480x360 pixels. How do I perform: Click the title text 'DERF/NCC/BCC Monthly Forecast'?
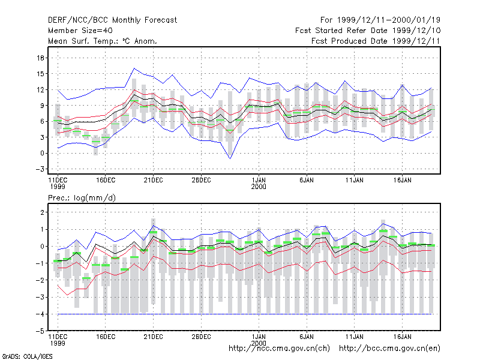[112, 20]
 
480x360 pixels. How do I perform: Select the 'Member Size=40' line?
[80, 31]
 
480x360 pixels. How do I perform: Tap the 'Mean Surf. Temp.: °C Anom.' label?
[103, 41]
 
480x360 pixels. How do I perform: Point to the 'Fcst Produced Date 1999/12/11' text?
[376, 41]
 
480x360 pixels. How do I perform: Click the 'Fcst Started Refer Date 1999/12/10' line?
[368, 31]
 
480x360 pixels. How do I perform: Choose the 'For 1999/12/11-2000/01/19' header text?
[380, 20]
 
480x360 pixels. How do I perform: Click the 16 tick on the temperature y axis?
[41, 58]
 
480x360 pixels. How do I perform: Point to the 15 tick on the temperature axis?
[41, 74]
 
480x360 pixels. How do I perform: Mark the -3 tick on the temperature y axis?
[40, 169]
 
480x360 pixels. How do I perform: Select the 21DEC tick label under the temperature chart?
[154, 181]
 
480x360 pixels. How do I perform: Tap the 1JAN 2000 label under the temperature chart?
[259, 184]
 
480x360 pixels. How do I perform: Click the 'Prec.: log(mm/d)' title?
[82, 198]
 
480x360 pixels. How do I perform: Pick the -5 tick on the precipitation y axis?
[40, 331]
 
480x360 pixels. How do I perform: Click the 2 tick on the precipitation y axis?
[42, 212]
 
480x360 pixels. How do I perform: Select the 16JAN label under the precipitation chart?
[402, 337]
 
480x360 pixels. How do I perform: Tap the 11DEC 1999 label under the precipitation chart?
[58, 340]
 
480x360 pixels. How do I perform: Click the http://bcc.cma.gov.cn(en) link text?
[389, 349]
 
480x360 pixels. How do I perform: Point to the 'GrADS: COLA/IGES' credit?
[28, 356]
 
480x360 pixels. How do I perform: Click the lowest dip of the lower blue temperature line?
[230, 158]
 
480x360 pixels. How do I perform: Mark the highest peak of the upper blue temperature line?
[134, 68]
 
